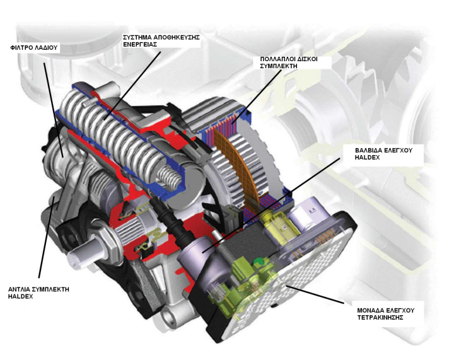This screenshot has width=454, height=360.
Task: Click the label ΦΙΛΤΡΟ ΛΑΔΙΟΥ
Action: pyautogui.click(x=34, y=48)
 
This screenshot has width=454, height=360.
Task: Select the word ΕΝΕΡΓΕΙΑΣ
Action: pyautogui.click(x=140, y=44)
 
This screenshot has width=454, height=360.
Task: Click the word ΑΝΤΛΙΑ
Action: pyautogui.click(x=19, y=289)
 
